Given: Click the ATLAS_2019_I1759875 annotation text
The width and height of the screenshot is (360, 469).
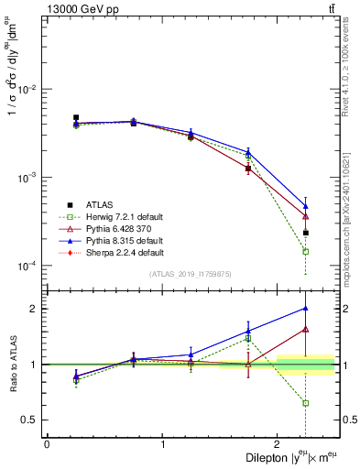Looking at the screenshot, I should click(191, 274).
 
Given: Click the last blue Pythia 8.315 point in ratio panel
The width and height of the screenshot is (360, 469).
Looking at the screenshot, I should click(305, 308).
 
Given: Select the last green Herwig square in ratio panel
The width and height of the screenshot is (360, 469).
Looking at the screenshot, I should click(305, 403).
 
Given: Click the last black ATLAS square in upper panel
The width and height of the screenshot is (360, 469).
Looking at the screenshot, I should click(305, 233).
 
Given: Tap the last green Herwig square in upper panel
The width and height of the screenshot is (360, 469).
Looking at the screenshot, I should click(305, 251).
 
